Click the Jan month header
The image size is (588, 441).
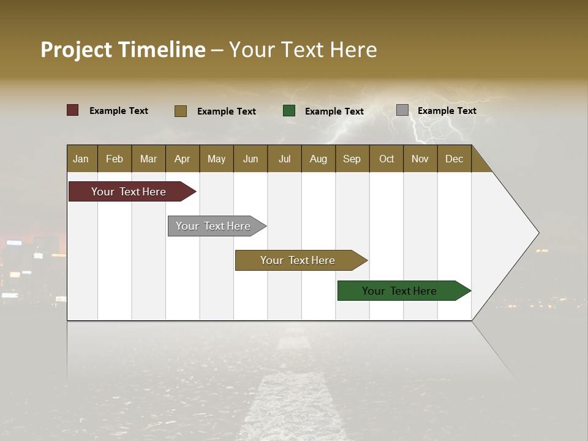coord(81,159)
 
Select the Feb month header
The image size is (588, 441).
coord(115,159)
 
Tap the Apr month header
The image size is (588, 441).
coord(183,159)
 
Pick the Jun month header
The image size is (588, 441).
coord(251,159)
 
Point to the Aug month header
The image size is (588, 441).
coord(318,159)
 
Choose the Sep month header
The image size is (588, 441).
coord(352,159)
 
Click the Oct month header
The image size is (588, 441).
coord(386,159)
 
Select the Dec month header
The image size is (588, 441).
coord(454,159)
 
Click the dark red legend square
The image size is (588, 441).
coord(73,110)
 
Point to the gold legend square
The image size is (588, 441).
coord(181,111)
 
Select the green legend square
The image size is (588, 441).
coord(289,111)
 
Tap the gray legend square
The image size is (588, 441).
coord(402,110)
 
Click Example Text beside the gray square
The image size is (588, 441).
coord(447,110)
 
